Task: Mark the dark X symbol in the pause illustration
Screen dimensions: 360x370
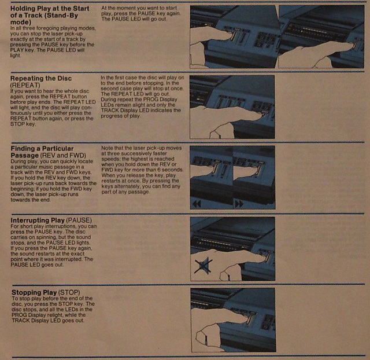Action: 203,265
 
